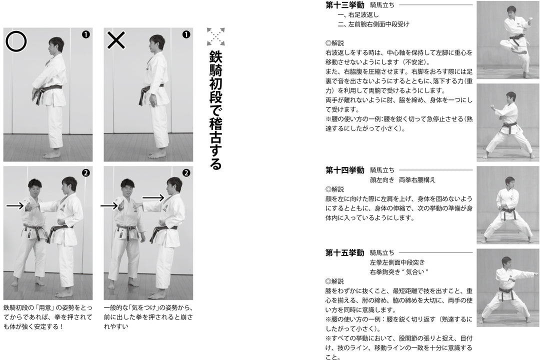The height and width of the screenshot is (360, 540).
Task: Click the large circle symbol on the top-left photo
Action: coord(16,42)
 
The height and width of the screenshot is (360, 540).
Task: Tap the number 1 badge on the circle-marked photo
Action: coord(85,34)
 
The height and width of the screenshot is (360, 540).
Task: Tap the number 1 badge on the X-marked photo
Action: coord(186,34)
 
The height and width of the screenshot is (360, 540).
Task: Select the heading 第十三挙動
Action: coord(344,5)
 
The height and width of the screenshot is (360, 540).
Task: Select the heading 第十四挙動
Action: coord(344,170)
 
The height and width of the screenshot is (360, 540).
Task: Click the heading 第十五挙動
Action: coord(344,252)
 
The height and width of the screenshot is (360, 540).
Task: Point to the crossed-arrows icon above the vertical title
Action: coord(215,36)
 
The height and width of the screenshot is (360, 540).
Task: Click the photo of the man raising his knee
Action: coord(507,40)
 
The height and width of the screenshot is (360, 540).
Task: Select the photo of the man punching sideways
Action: coord(507,287)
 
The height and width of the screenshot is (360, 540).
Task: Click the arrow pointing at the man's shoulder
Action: coord(153,198)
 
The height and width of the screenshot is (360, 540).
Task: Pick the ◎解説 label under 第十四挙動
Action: coord(334,189)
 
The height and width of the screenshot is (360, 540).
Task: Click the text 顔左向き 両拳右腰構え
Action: coord(402,179)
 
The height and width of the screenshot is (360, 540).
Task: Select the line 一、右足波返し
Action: coord(358,14)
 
